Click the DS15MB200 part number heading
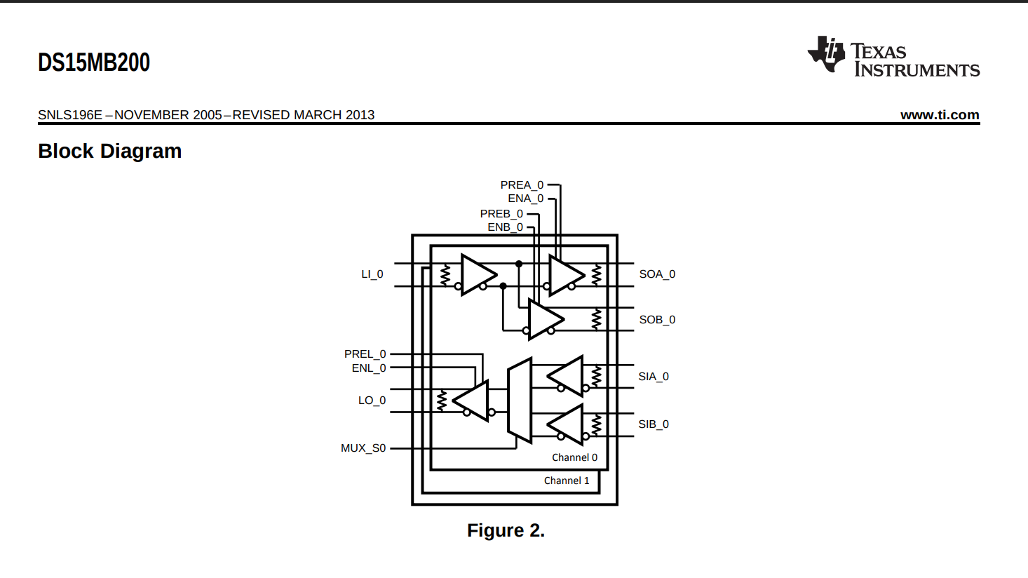pyautogui.click(x=94, y=62)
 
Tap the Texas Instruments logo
pyautogui.click(x=893, y=56)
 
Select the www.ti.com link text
pyautogui.click(x=940, y=115)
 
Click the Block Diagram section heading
pyautogui.click(x=110, y=152)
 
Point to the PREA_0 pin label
pyautogui.click(x=522, y=185)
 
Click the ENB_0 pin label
pyautogui.click(x=505, y=227)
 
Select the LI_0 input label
pyautogui.click(x=372, y=274)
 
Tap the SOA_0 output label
pyautogui.click(x=657, y=274)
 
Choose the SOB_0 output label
pyautogui.click(x=657, y=320)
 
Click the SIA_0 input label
pyautogui.click(x=654, y=377)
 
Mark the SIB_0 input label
pyautogui.click(x=654, y=424)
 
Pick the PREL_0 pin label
pyautogui.click(x=365, y=354)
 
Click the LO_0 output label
pyautogui.click(x=372, y=401)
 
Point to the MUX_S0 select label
pyautogui.click(x=363, y=448)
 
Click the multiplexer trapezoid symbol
pyautogui.click(x=520, y=401)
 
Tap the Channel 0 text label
pyautogui.click(x=574, y=457)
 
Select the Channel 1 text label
pyautogui.click(x=567, y=480)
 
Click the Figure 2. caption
pyautogui.click(x=506, y=530)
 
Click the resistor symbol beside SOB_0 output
pyautogui.click(x=597, y=319)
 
